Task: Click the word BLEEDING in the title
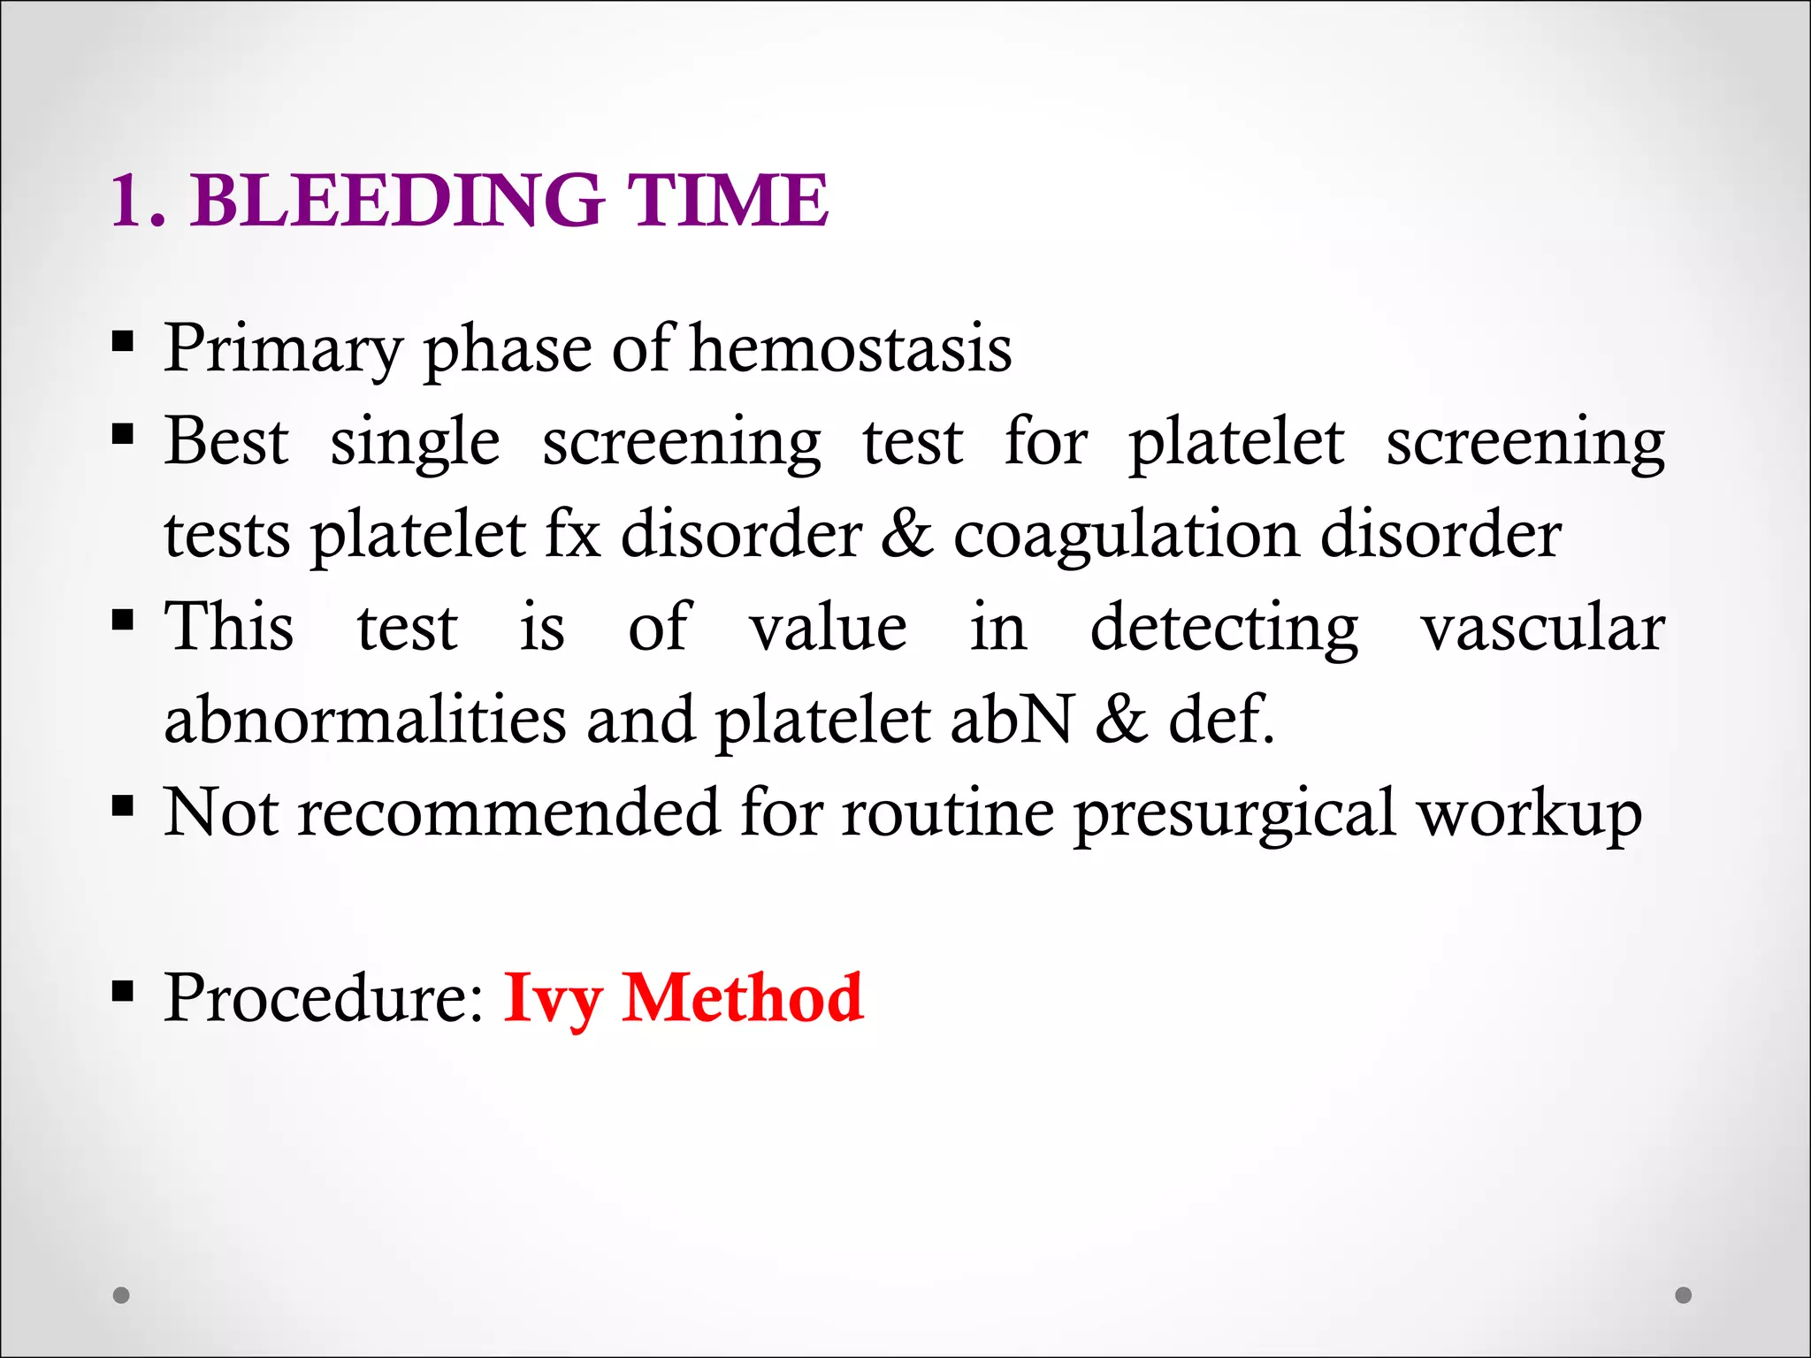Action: click(x=397, y=201)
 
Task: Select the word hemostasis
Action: click(x=850, y=348)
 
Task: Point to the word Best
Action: click(x=226, y=441)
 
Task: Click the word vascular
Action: click(x=1542, y=628)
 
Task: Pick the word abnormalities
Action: click(x=364, y=719)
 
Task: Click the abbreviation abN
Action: click(x=1012, y=719)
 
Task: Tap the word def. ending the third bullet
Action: click(x=1220, y=719)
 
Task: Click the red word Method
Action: click(x=742, y=997)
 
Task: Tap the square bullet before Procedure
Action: click(x=123, y=992)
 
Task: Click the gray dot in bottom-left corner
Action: click(x=122, y=1295)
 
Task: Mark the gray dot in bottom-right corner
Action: click(x=1684, y=1295)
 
